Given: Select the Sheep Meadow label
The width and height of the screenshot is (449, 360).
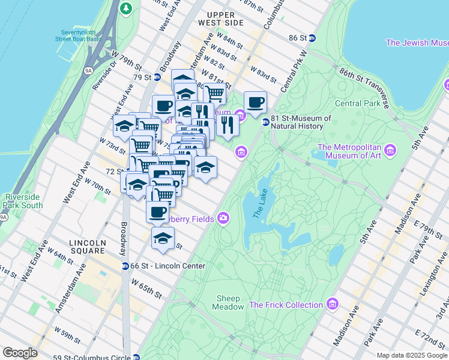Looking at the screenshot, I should pos(228,302).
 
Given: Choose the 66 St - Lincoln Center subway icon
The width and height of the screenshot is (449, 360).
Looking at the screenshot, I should pos(125,266).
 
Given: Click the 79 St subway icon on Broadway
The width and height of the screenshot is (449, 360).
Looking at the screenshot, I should pos(157,77).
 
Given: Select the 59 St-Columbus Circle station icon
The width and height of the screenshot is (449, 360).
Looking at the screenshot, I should pos(136,357).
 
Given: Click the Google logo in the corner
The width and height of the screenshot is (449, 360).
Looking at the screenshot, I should pos(20,353).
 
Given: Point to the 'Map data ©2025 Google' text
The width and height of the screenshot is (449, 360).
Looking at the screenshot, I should pos(412,355).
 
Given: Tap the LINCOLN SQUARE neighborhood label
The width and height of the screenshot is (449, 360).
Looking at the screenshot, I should pos(88,243).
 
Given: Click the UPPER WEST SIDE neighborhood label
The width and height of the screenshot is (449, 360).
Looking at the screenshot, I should pos(224,19).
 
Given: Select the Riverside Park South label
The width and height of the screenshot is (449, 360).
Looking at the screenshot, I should pos(23,201).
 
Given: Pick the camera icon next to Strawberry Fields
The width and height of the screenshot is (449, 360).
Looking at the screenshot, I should pos(223,217).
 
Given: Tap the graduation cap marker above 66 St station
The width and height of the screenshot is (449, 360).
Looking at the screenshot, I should pos(162,238).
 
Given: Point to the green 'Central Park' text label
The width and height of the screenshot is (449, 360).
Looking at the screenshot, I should pos(357,103).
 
